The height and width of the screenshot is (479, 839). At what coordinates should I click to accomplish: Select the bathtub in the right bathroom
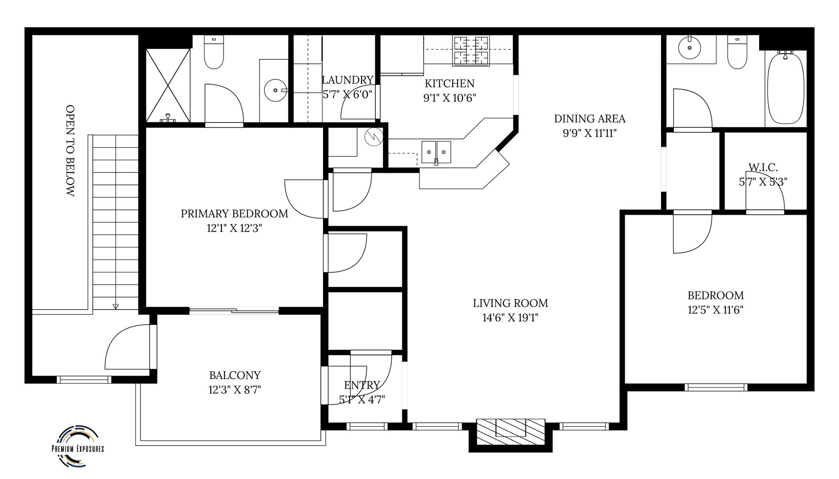click(x=785, y=87)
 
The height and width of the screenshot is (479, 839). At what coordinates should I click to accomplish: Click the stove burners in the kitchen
click(x=471, y=51)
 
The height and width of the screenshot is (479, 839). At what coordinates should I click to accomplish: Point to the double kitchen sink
click(x=436, y=152)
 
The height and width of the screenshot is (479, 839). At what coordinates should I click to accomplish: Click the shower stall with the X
click(x=169, y=85)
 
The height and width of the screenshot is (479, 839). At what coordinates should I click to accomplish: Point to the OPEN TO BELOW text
click(x=70, y=151)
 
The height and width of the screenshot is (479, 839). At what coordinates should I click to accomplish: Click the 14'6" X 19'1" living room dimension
click(x=510, y=318)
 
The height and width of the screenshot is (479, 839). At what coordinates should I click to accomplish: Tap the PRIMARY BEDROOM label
click(x=234, y=214)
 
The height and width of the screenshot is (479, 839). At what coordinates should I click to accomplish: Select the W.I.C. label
click(x=763, y=167)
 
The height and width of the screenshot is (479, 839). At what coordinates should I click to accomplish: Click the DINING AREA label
click(x=590, y=119)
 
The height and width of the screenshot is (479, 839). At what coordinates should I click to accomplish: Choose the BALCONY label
click(x=235, y=376)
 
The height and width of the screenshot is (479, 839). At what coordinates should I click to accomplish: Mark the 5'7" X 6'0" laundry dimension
click(x=347, y=94)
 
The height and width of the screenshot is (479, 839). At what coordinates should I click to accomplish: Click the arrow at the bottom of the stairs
click(x=116, y=306)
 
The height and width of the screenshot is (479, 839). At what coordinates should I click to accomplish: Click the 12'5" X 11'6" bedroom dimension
click(x=716, y=310)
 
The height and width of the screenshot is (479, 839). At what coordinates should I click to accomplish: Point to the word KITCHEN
click(x=449, y=83)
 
